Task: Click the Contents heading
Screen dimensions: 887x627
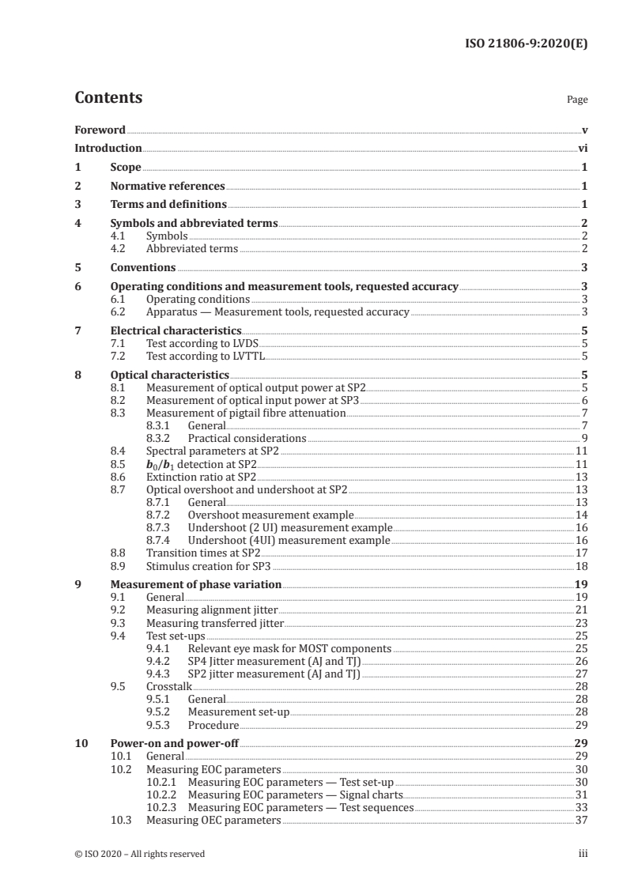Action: pos(108,98)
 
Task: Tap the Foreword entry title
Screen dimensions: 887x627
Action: pos(100,130)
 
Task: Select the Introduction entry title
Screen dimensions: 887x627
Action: pos(108,148)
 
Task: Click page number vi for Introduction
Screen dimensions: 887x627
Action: pos(582,148)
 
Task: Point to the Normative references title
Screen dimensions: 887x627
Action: pos(168,187)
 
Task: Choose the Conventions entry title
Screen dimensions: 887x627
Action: pos(143,268)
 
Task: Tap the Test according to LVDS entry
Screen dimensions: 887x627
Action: pos(202,344)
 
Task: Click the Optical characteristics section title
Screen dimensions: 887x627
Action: pos(170,375)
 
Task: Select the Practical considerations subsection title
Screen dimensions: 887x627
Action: pos(247,438)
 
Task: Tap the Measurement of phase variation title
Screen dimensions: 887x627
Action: pos(195,585)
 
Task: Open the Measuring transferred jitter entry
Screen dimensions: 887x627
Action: pos(211,623)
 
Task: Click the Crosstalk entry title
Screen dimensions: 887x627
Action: pos(169,686)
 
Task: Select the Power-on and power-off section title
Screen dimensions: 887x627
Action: pos(174,744)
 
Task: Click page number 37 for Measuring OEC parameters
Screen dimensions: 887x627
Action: pos(581,820)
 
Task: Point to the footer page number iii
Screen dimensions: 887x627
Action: pos(583,854)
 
